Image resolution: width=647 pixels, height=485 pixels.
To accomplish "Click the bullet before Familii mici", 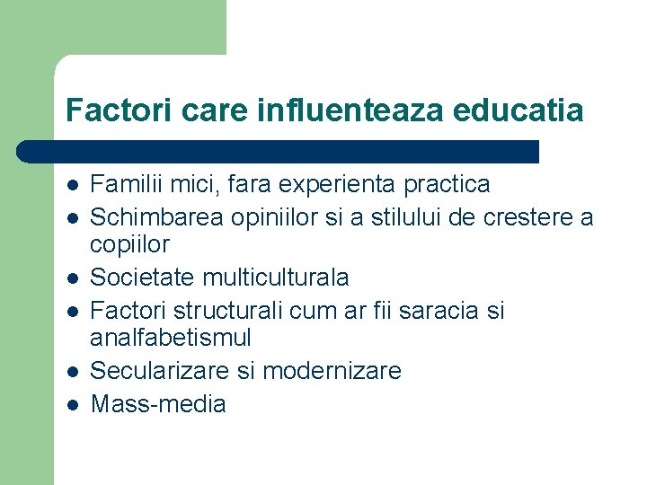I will tap(73, 186).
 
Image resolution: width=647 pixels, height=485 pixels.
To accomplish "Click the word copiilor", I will tap(130, 244).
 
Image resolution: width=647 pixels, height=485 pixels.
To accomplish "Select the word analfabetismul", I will tap(171, 338).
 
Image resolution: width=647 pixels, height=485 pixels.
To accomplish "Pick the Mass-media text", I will tap(159, 403).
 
